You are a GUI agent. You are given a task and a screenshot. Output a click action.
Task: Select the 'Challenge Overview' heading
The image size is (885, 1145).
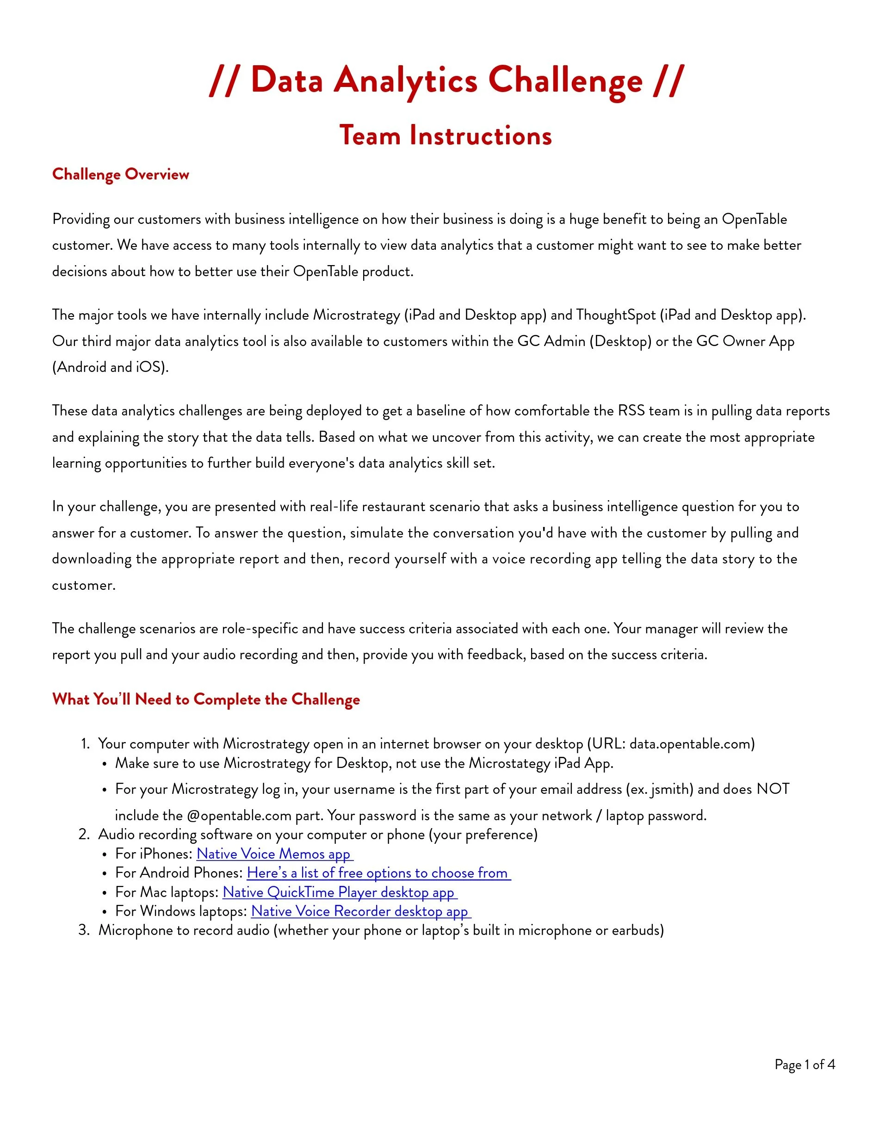point(121,174)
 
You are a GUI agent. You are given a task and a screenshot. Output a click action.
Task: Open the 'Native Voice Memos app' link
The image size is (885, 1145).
point(274,854)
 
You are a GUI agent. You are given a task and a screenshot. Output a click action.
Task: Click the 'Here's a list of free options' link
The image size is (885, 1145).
point(378,873)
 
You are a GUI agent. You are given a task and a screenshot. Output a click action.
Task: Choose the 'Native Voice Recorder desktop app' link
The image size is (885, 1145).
point(360,911)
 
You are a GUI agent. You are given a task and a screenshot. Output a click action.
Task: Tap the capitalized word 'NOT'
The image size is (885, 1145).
point(772,789)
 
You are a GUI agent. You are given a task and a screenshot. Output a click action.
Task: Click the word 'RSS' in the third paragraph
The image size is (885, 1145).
point(631,410)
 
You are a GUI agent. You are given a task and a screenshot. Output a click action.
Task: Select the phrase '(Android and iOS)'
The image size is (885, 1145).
point(110,367)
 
